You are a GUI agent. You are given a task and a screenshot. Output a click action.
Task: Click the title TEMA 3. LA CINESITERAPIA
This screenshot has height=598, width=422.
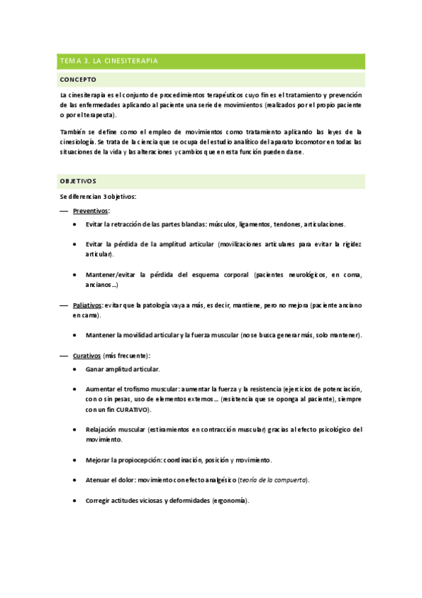tap(108, 61)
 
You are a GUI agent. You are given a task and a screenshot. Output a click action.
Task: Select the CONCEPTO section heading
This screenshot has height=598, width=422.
tap(78, 80)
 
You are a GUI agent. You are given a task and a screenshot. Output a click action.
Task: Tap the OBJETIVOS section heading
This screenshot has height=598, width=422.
tap(79, 181)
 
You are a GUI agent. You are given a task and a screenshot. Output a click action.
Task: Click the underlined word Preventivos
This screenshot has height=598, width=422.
tap(90, 211)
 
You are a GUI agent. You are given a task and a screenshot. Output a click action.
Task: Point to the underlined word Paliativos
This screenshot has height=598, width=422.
tap(87, 305)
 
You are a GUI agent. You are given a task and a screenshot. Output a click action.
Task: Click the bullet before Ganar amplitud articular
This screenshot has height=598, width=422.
tap(76, 369)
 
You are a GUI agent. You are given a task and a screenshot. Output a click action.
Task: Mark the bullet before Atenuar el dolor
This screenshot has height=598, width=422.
tap(76, 480)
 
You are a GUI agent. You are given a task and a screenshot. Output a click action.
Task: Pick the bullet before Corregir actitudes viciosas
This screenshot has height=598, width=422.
tap(76, 501)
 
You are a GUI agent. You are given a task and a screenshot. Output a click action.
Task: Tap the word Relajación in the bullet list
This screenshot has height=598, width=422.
tap(102, 429)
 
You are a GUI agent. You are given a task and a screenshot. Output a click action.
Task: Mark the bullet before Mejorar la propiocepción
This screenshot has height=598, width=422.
tap(76, 460)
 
